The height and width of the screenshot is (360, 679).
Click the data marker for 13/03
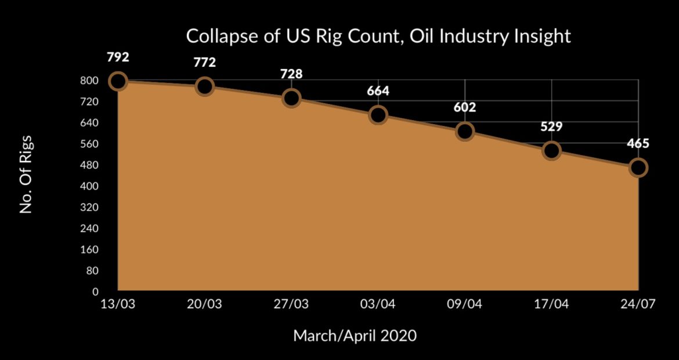pyautogui.click(x=117, y=81)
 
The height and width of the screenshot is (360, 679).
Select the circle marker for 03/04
pyautogui.click(x=378, y=115)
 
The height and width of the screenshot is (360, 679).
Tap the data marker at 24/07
pyautogui.click(x=638, y=168)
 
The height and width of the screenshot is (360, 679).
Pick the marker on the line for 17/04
pyautogui.click(x=551, y=151)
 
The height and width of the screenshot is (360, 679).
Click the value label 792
pyautogui.click(x=117, y=58)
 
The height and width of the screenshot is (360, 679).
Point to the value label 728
pyautogui.click(x=291, y=74)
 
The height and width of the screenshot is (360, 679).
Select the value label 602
pyautogui.click(x=465, y=107)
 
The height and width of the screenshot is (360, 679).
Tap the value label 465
pyautogui.click(x=638, y=144)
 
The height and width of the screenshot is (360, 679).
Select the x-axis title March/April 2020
pyautogui.click(x=355, y=336)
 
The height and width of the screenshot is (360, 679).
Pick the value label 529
pyautogui.click(x=551, y=127)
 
